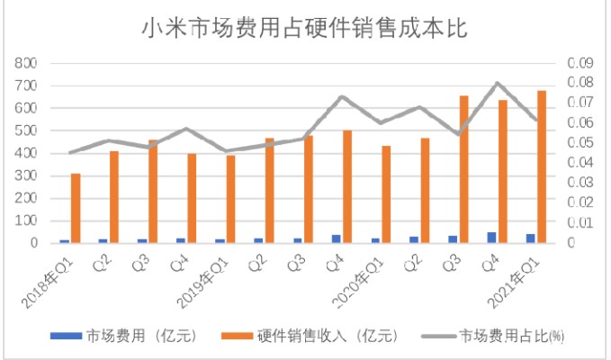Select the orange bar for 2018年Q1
[76, 208]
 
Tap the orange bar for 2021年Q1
[541, 166]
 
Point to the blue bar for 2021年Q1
[531, 238]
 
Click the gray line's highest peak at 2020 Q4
[498, 83]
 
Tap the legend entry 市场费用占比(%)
[513, 336]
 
